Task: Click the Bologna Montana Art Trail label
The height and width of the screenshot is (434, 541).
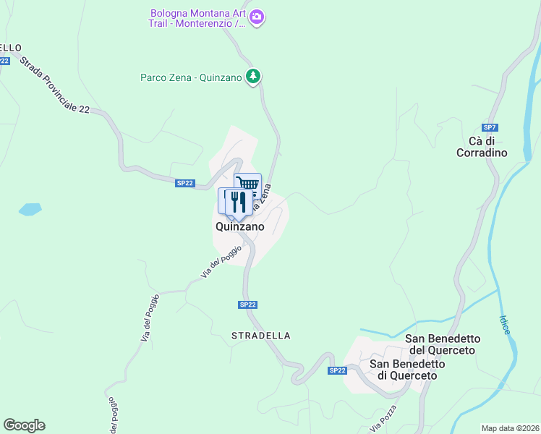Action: [x=197, y=18]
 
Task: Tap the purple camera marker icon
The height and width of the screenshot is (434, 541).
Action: [x=257, y=16]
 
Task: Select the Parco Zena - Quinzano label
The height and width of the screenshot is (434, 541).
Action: [x=191, y=77]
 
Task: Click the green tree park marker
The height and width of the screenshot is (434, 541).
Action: [x=253, y=75]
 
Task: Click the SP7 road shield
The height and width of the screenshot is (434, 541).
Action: [x=490, y=127]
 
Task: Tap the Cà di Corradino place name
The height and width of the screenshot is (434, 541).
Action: [x=482, y=146]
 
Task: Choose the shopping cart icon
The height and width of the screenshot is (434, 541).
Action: [x=247, y=184]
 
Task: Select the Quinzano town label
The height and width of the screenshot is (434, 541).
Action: [x=239, y=226]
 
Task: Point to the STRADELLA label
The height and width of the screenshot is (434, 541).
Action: [x=261, y=336]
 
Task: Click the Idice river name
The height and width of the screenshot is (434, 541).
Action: [x=505, y=323]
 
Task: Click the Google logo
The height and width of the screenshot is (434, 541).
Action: [x=24, y=425]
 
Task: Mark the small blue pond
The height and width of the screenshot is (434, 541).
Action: [x=30, y=210]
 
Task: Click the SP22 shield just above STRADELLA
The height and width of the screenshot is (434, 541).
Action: [x=247, y=305]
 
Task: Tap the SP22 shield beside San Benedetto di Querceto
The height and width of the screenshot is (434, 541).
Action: [x=337, y=370]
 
